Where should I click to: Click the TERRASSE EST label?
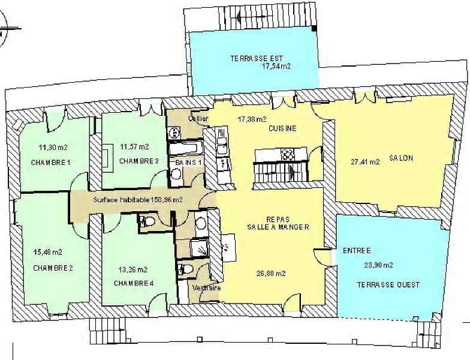point(257,58)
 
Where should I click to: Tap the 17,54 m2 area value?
point(276,66)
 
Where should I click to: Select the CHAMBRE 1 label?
point(50,163)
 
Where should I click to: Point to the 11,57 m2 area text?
point(134,147)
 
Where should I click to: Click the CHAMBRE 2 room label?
point(53,268)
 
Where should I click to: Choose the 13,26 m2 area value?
point(133,270)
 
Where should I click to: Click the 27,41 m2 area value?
point(366,162)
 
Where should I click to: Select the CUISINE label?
point(282,128)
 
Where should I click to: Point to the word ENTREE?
point(357,251)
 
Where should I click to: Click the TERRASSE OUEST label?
point(388,284)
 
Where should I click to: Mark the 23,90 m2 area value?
point(379,265)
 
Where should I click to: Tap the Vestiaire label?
point(206,288)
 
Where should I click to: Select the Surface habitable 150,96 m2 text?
point(138,200)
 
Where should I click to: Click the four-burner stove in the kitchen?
point(288,155)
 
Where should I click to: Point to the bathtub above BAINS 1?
point(186,148)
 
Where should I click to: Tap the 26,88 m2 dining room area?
point(271,274)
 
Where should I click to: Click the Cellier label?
point(198,119)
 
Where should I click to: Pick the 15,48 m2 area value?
point(48,252)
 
